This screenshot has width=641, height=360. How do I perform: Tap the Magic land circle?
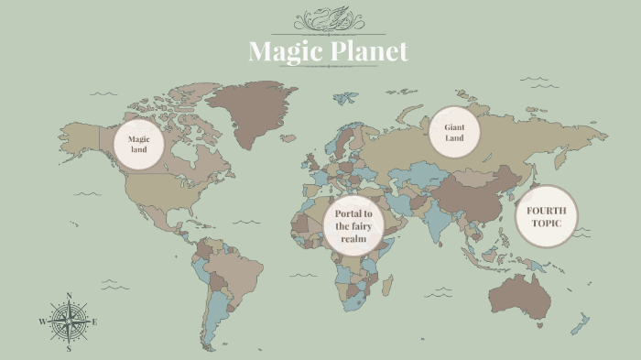coord(138,144)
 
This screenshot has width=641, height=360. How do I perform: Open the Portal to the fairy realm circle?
coord(353,225)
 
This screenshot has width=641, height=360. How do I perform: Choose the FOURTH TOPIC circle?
coord(546,217)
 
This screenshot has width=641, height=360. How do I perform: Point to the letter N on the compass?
coord(70,296)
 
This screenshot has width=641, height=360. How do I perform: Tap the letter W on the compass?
coord(42,322)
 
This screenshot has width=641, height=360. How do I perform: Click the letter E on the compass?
coord(95,322)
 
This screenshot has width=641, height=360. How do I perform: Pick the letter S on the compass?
coord(69,349)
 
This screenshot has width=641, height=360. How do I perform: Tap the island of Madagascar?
coord(389,289)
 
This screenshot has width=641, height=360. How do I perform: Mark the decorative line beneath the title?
coord(328,70)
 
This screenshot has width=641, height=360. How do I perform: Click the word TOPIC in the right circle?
coord(547,224)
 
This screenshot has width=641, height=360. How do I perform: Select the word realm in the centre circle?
coord(353,238)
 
